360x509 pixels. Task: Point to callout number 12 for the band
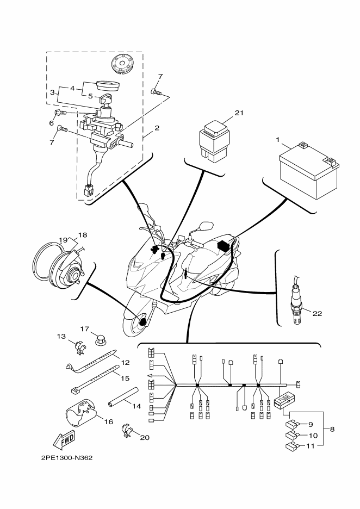click(125, 362)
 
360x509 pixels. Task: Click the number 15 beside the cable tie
click(125, 378)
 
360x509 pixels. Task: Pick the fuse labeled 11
click(291, 447)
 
